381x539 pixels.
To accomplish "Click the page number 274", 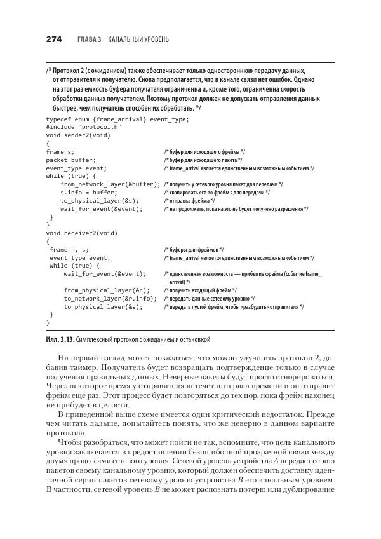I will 53,39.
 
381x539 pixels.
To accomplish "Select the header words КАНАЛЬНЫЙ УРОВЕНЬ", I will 138,39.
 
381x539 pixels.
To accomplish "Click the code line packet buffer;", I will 70,160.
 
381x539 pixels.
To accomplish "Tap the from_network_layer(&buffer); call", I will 110,184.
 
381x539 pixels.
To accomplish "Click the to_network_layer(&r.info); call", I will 110,297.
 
